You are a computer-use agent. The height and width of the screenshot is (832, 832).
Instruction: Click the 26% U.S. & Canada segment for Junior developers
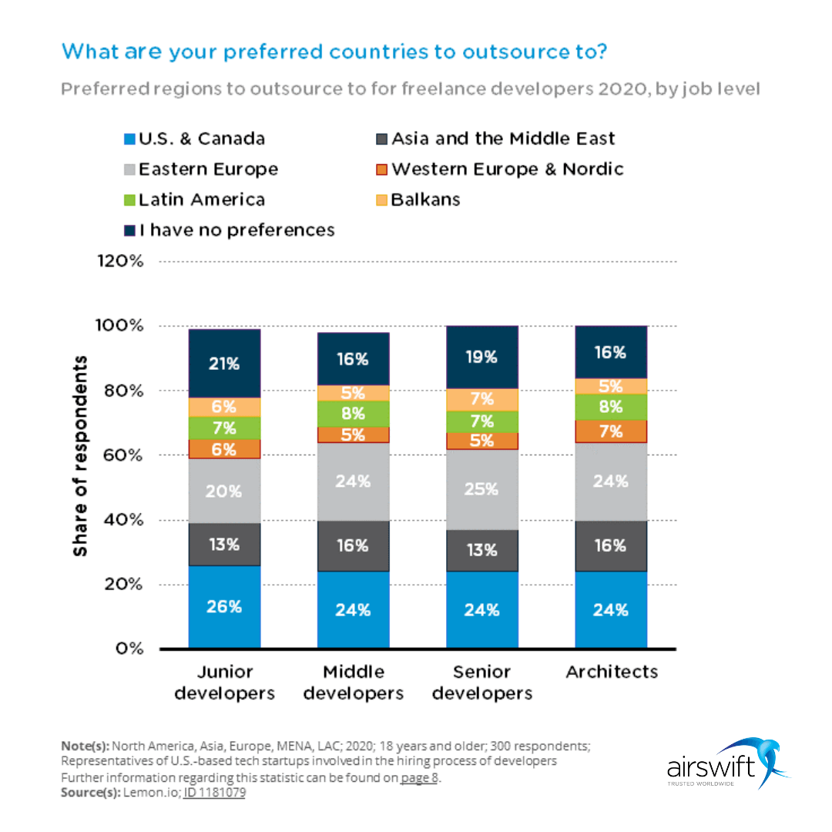click(224, 606)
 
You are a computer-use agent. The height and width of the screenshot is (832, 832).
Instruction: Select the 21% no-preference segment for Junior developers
click(224, 364)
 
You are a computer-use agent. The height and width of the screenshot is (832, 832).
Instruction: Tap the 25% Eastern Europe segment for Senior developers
click(482, 489)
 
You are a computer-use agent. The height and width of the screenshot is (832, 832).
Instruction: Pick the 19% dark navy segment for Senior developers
click(482, 357)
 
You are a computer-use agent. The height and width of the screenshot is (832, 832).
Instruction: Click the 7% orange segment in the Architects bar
click(611, 431)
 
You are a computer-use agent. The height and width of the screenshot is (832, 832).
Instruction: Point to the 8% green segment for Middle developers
click(353, 414)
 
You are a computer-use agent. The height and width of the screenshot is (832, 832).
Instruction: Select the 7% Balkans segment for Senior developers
click(482, 400)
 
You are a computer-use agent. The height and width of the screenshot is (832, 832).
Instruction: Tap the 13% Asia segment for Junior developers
click(224, 545)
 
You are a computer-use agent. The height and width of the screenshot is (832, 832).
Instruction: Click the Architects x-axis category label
click(612, 672)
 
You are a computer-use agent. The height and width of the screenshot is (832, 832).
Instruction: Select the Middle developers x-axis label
click(353, 683)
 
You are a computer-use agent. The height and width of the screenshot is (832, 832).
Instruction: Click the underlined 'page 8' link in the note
click(418, 777)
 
